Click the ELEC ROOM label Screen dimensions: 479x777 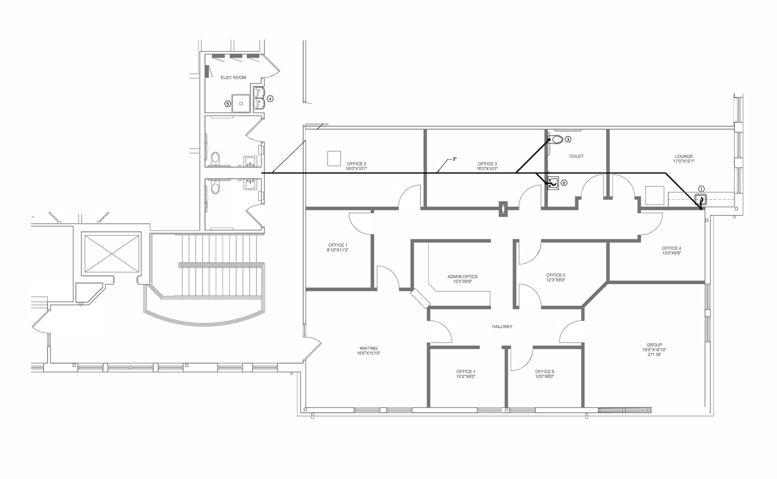233,78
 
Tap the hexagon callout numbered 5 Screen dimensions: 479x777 228,104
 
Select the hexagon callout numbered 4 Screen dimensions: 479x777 270,99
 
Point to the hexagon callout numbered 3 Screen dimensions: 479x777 568,139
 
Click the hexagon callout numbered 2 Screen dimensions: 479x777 564,183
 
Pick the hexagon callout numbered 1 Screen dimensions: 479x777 701,189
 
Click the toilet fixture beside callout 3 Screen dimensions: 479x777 557,139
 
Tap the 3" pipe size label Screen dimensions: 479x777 454,159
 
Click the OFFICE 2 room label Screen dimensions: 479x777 356,164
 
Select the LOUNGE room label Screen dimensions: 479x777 684,156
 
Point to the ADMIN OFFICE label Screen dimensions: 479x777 462,277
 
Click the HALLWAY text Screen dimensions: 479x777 502,327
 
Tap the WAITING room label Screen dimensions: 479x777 368,348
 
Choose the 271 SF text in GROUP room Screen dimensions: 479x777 654,355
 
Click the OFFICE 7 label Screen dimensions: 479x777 466,372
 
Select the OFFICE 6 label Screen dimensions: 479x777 544,372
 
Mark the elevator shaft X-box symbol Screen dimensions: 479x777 112,254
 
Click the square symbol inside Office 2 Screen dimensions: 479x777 334,158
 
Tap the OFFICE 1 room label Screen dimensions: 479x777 338,245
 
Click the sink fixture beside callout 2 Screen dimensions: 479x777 553,183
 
